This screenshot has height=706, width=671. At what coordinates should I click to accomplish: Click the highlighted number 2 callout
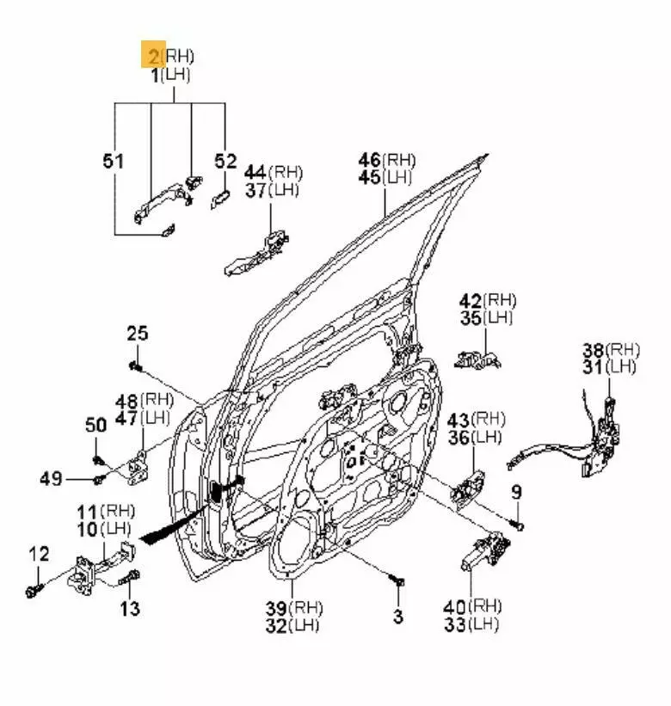pos(153,56)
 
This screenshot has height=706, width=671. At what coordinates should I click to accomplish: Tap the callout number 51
pos(114,161)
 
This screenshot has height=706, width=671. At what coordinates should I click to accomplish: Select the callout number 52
pos(225,161)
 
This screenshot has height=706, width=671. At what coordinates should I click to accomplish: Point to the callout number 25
pos(138,333)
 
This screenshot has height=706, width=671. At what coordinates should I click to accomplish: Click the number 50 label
pos(95,424)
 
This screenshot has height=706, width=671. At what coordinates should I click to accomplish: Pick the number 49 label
pos(51,478)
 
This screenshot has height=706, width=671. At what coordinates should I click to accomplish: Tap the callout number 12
pos(40,555)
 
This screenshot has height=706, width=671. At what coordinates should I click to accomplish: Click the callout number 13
pos(129,608)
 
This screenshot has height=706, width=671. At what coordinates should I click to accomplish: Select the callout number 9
pos(516,493)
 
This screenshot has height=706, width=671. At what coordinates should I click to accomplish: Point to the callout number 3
pos(397,616)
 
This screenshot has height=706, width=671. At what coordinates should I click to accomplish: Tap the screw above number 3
pos(398,584)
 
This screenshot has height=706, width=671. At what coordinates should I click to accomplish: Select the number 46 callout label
pos(370,160)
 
